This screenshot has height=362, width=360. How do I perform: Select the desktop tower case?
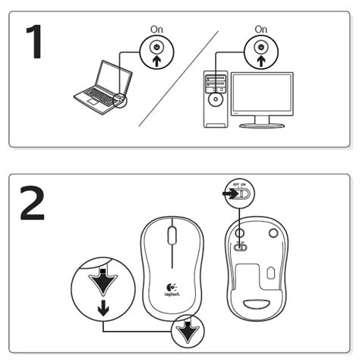click(216, 99)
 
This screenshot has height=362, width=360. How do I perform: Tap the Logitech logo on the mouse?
click(173, 291)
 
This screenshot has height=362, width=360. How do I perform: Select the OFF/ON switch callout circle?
click(240, 194)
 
